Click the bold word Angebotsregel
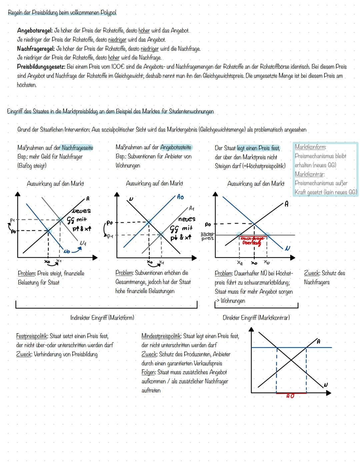(35, 31)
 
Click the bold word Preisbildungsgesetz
(41, 67)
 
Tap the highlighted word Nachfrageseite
(77, 148)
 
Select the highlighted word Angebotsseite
(176, 147)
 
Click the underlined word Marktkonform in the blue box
(310, 147)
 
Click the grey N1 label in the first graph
(83, 244)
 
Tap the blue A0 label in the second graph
(180, 197)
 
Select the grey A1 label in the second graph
(191, 208)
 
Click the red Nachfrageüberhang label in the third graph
(252, 241)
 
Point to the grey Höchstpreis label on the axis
(207, 237)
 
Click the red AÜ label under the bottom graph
(290, 396)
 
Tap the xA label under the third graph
(240, 263)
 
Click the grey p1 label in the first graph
(12, 220)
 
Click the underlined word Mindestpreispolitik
(161, 336)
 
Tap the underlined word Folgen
(148, 373)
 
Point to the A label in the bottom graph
(318, 342)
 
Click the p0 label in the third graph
(208, 224)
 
